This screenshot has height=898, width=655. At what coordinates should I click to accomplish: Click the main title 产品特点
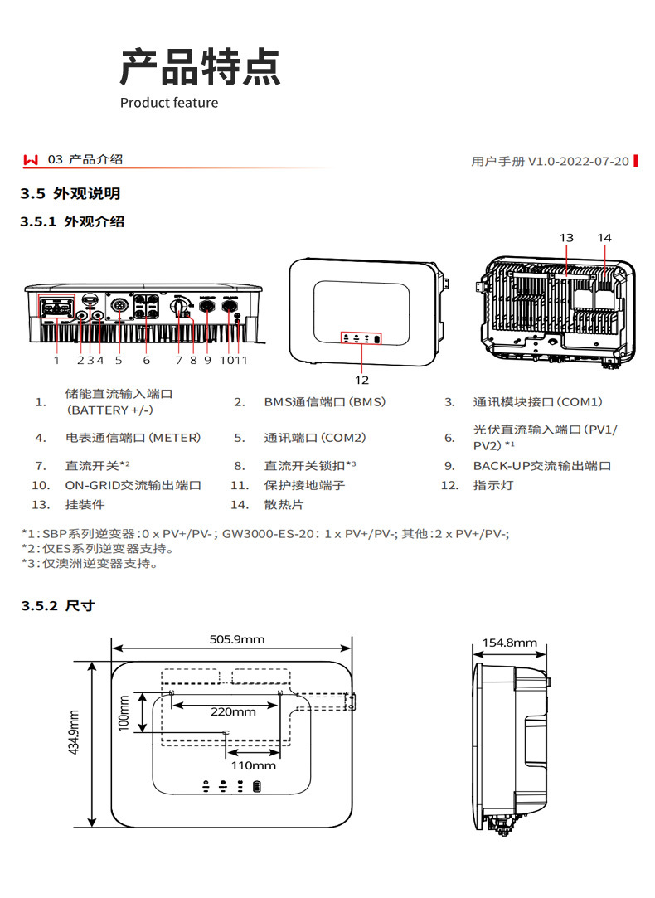pos(201,67)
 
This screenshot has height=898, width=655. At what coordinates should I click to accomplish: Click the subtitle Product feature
pos(169,103)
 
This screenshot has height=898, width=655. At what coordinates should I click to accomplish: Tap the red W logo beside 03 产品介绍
pos(32,159)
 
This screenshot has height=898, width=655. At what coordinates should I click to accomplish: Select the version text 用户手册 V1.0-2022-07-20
pos(550,161)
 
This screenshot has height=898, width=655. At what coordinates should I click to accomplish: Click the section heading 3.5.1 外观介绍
pos(72,221)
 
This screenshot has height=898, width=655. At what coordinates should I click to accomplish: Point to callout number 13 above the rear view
pos(566,238)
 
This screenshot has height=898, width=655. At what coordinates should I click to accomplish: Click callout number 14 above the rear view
pos(604,238)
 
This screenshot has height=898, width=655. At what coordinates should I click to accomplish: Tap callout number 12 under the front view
pos(361,380)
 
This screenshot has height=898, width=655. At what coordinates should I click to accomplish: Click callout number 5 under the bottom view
pos(119,360)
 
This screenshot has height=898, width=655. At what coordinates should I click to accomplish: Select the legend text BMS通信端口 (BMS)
pos(324,402)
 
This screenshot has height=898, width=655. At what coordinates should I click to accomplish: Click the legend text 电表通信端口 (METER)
pos(133,437)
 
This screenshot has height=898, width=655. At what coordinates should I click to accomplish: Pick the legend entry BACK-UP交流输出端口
pos(541,466)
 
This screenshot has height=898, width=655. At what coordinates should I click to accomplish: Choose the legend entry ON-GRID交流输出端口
pos(133,485)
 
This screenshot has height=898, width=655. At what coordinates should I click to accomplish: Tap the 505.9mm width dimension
pos(236,639)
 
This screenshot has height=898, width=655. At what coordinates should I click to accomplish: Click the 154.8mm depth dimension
pos(509,643)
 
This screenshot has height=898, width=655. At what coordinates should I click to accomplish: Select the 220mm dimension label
pos(232,711)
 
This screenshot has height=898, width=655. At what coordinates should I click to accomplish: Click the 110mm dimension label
pos(253,765)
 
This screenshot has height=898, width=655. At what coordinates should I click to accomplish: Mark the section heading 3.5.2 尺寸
pos(57,606)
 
